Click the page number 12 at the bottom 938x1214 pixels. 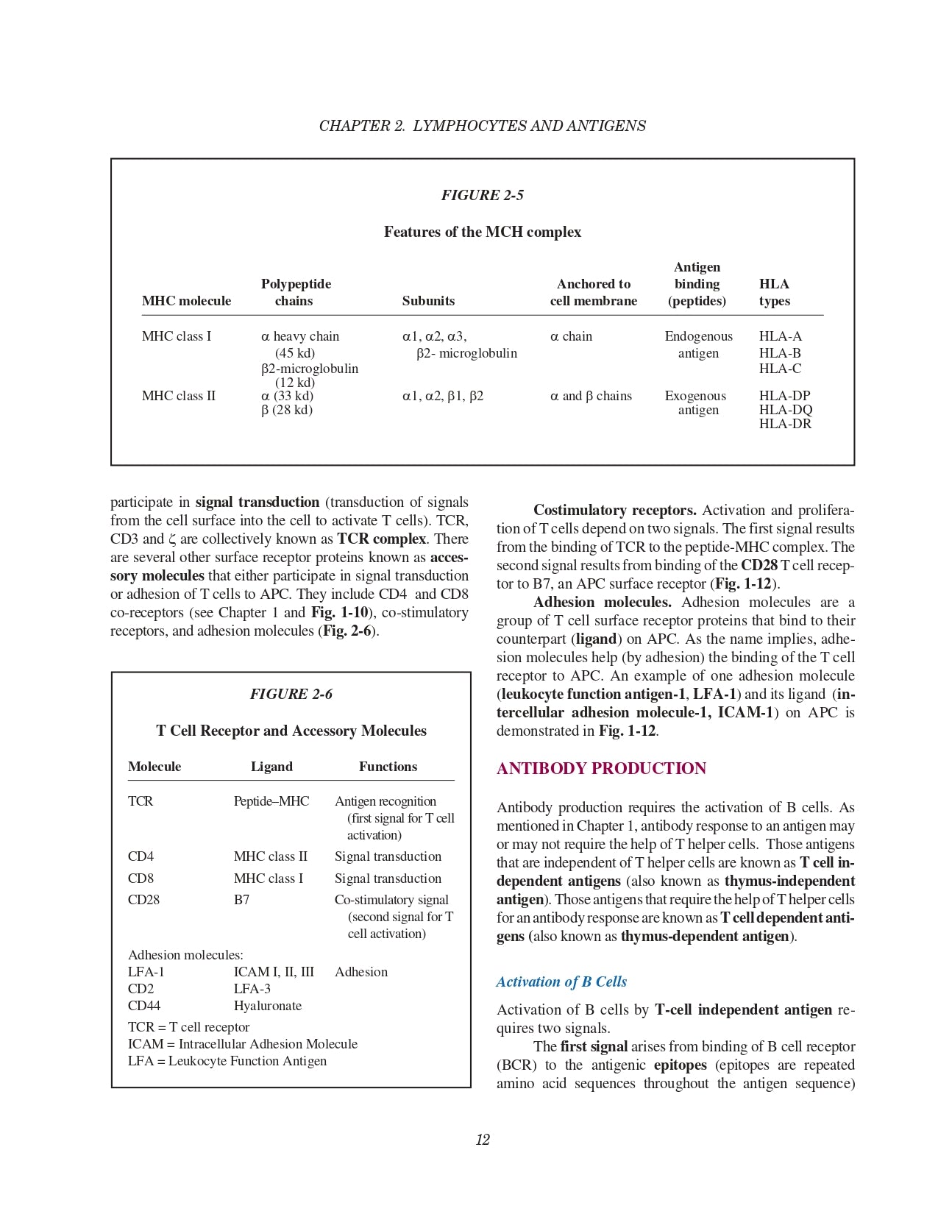click(483, 1140)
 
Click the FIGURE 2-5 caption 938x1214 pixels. click(482, 195)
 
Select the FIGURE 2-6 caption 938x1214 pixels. click(291, 694)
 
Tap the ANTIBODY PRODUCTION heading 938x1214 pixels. click(601, 769)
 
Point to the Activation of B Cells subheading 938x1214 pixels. click(561, 982)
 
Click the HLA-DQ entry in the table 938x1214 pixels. click(786, 410)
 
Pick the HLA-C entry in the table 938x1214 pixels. click(780, 369)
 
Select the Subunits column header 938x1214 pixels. click(428, 301)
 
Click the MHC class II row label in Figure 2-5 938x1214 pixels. click(179, 396)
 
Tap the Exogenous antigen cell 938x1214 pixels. click(696, 402)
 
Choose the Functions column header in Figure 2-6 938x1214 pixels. click(388, 767)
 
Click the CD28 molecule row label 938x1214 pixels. click(143, 900)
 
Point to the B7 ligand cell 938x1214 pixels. click(241, 900)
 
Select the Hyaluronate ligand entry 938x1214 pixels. click(267, 1006)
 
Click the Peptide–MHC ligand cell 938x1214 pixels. click(271, 801)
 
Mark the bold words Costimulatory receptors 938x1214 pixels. click(614, 511)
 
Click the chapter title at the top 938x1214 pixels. click(482, 126)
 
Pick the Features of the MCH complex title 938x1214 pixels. click(482, 232)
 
